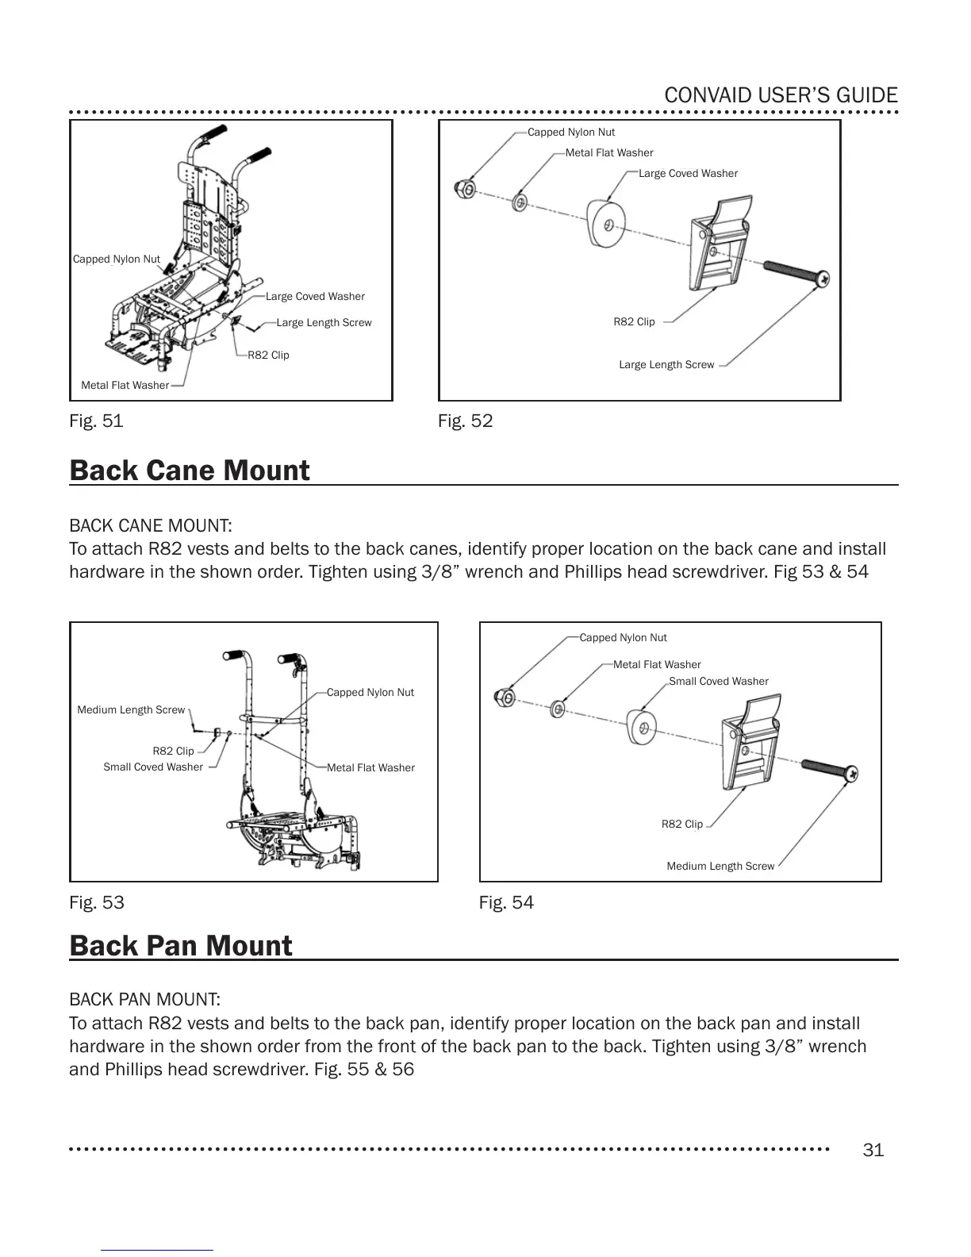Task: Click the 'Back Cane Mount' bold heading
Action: coord(190,471)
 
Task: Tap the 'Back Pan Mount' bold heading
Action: coord(181,946)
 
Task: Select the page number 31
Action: coord(873,1150)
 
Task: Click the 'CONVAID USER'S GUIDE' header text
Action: coord(781,96)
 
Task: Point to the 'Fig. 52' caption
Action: coord(465,421)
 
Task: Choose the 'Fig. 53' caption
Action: coord(97,902)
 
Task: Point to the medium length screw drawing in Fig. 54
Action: coord(830,770)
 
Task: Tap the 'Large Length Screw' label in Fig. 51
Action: coord(324,323)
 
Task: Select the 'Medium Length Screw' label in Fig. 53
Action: coord(131,710)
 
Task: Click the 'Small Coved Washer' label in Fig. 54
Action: coord(719,682)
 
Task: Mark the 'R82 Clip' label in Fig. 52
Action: coord(634,322)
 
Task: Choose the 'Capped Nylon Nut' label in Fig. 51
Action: coord(117,259)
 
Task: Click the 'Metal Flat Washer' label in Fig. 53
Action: coord(370,768)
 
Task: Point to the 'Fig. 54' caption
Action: coord(506,902)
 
